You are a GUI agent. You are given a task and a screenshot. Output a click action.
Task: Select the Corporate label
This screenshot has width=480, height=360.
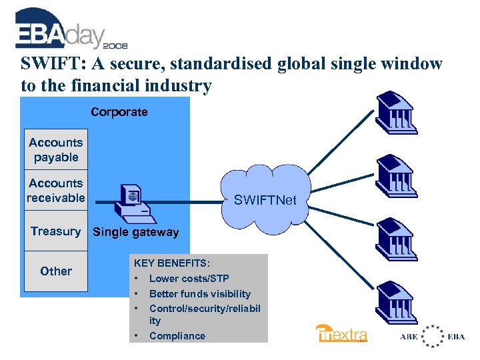[x=119, y=112]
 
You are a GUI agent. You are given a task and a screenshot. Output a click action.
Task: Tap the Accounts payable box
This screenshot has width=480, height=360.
[x=56, y=150]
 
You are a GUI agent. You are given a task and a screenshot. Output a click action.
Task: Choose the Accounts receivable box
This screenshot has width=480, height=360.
[x=56, y=190]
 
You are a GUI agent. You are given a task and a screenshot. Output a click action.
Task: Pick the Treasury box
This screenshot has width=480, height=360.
[x=56, y=231]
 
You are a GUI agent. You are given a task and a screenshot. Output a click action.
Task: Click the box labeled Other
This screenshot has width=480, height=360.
[x=56, y=271]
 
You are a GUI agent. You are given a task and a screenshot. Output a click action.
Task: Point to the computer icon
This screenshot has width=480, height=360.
[x=131, y=200]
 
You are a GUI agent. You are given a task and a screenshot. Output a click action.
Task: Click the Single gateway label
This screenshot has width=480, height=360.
[x=135, y=232]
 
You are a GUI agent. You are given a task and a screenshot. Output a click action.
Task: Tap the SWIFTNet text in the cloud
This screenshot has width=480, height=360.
[x=265, y=199]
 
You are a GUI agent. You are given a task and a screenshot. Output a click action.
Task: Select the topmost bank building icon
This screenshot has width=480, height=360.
[x=397, y=114]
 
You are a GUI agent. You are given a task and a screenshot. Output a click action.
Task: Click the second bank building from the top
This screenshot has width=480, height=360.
[x=397, y=177]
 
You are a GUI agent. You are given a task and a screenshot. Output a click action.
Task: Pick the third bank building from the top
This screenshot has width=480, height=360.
[x=397, y=240]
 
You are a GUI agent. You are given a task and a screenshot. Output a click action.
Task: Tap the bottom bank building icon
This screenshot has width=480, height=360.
[x=397, y=303]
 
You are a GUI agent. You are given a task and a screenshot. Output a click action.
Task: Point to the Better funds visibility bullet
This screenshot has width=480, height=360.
[x=199, y=293]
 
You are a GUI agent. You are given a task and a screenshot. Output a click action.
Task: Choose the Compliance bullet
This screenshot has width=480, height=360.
[x=177, y=336]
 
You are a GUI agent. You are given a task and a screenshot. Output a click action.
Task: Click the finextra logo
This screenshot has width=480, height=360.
[x=341, y=333]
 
